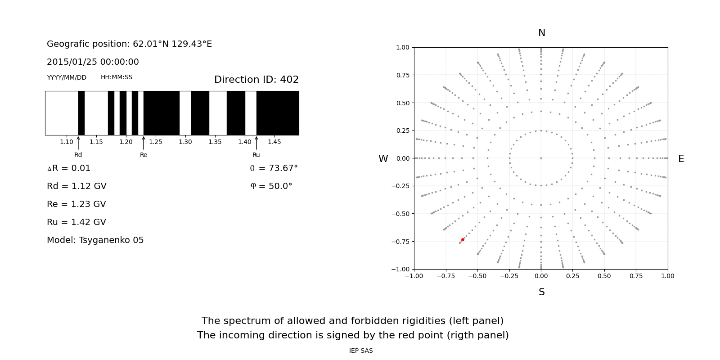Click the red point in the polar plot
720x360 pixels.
(463, 240)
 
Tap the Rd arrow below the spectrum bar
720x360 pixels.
(78, 143)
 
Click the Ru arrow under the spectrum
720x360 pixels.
(256, 143)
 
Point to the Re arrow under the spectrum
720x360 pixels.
(144, 143)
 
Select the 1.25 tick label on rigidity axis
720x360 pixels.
(156, 142)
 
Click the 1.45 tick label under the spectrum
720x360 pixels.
(274, 142)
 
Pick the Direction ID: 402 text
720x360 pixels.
(256, 80)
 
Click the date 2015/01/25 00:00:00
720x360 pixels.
(93, 62)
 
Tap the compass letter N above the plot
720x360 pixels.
(542, 33)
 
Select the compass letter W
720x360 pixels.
(383, 159)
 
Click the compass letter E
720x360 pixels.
(681, 159)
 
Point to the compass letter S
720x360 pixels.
(542, 292)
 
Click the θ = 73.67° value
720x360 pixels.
(274, 168)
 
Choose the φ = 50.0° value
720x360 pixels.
(271, 186)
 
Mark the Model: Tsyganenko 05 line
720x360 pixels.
(95, 240)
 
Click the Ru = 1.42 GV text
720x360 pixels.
(76, 222)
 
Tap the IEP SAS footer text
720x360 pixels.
(361, 351)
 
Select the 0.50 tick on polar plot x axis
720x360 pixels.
(604, 276)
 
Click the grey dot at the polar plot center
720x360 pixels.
(541, 158)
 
